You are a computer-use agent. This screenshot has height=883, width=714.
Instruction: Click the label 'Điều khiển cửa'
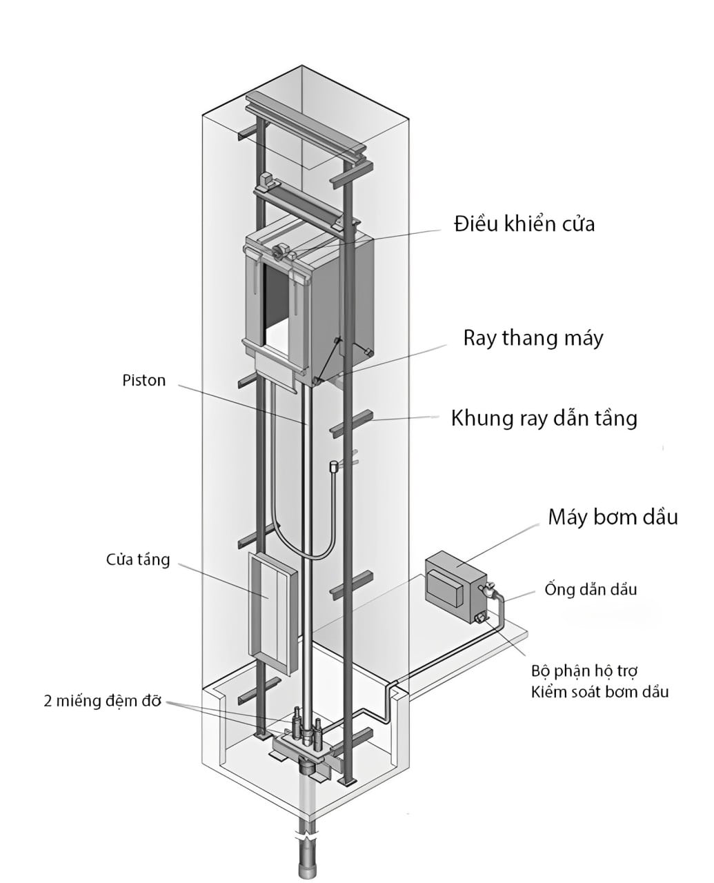[x=524, y=224]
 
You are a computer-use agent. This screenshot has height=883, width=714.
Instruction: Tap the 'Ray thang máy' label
[x=533, y=338]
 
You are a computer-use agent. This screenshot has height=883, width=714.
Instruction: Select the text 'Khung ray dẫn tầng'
[x=544, y=418]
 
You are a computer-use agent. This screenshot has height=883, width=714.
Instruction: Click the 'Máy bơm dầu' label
[x=613, y=517]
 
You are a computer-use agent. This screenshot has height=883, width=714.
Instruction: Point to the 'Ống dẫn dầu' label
[x=591, y=589]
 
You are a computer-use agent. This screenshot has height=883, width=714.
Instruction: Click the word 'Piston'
[x=144, y=381]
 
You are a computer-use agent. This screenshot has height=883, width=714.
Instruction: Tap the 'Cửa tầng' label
[x=138, y=559]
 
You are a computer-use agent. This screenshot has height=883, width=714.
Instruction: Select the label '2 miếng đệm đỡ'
[x=102, y=701]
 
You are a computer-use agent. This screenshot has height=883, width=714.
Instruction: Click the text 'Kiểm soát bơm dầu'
[x=599, y=692]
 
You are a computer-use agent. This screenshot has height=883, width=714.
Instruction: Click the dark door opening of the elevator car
[x=276, y=300]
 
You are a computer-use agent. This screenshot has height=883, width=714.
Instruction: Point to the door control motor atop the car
[x=281, y=252]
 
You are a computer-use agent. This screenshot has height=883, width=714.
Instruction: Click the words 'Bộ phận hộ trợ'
[x=584, y=671]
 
